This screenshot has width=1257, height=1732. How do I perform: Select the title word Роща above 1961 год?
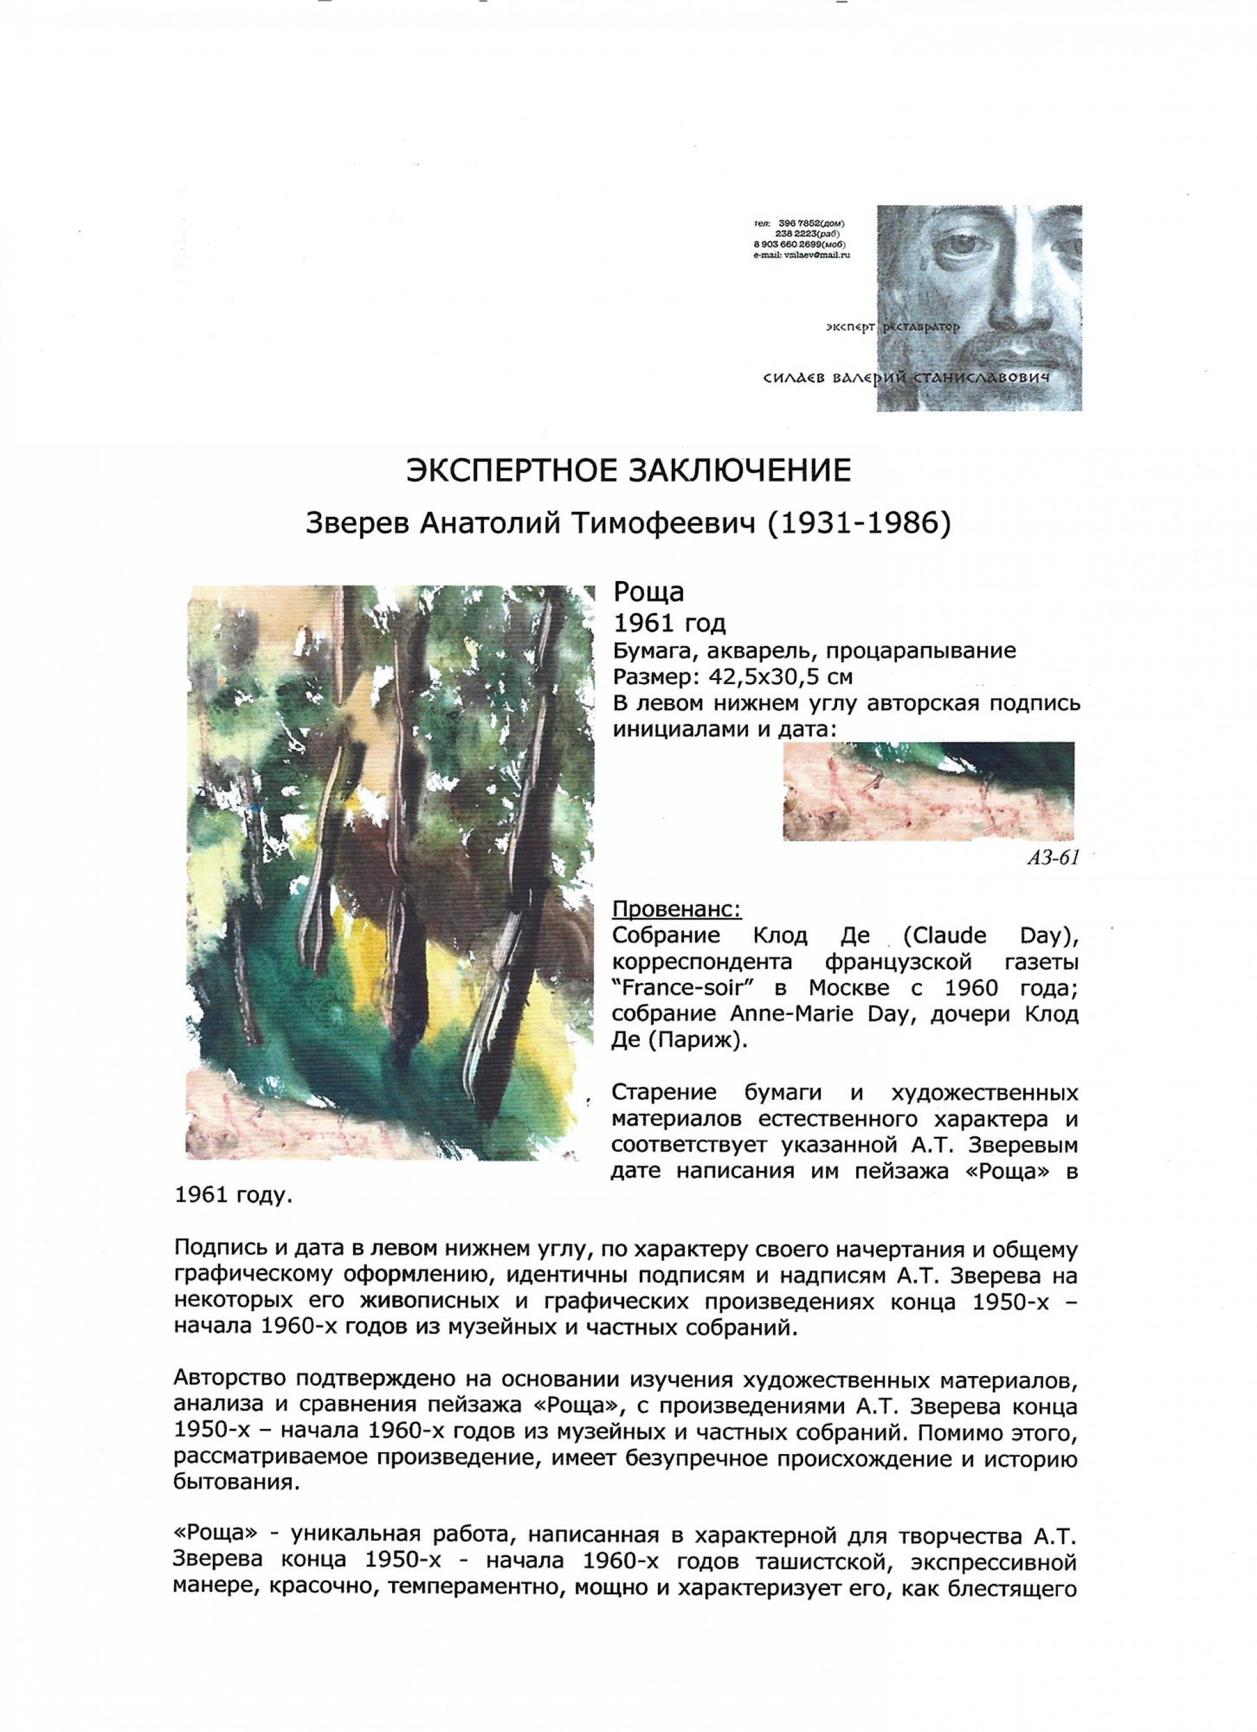pyautogui.click(x=649, y=592)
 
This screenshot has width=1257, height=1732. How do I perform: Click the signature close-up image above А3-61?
pyautogui.click(x=928, y=791)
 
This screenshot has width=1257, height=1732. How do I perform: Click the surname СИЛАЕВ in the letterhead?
pyautogui.click(x=794, y=378)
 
